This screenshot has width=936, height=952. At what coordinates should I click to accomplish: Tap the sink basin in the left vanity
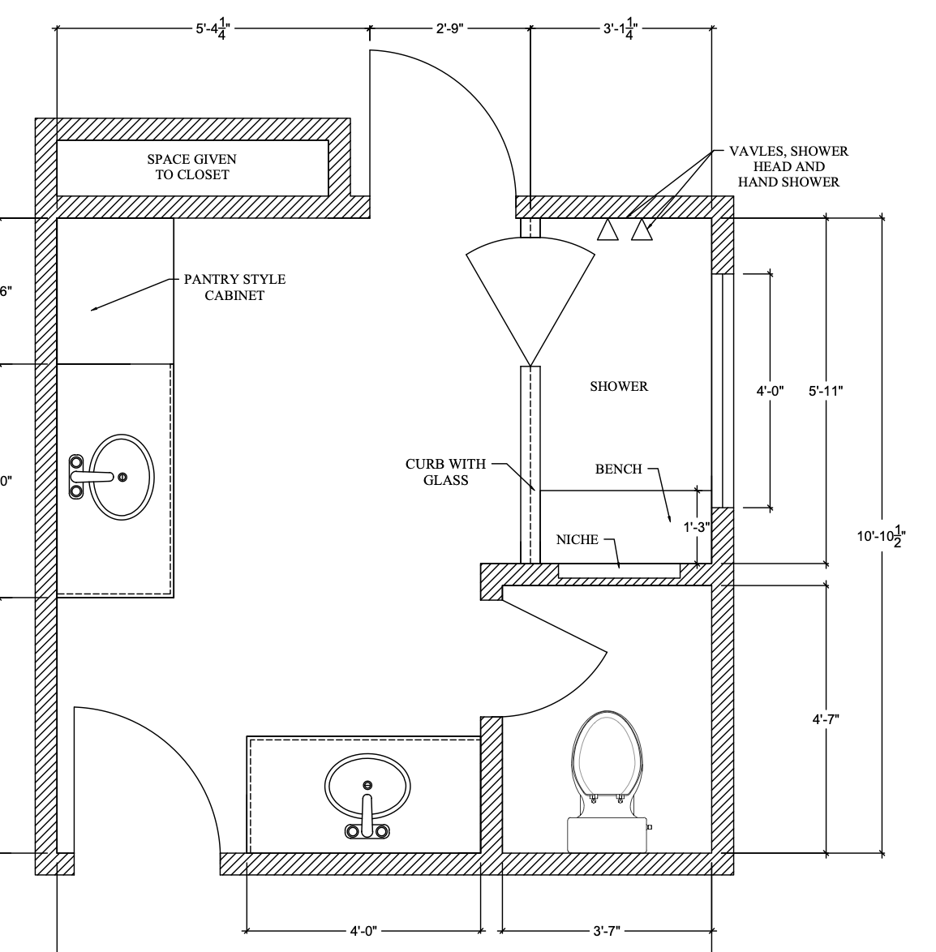coord(122,477)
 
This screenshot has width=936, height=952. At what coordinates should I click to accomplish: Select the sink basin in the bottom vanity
coord(367,787)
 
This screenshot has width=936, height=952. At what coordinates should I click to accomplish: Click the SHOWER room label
coord(619,386)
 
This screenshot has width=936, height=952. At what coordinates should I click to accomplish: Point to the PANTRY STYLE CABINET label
coord(234,287)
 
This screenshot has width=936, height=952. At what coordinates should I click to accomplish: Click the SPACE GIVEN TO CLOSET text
coord(192,167)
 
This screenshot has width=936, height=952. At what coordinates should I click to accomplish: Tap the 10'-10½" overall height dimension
coord(882,536)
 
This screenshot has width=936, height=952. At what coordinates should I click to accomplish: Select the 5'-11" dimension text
coord(826,391)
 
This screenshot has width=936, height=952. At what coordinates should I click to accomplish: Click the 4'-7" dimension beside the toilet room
coord(826,719)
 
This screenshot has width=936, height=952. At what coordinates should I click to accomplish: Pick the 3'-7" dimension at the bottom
coord(606,930)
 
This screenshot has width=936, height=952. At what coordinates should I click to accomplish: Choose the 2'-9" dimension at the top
coord(449,28)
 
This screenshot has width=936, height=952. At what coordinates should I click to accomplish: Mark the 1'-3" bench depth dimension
coord(696,527)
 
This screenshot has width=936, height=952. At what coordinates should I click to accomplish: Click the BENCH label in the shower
coord(618,470)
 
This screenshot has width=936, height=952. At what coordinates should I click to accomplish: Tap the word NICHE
coord(577,540)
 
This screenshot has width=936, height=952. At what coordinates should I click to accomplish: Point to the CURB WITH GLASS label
coord(446,472)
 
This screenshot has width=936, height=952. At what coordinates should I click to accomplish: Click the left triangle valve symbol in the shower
coord(608,230)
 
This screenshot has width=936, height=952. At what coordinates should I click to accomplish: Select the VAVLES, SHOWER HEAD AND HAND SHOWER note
coord(788,166)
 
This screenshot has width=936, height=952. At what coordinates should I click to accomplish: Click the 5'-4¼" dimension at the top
coord(213,28)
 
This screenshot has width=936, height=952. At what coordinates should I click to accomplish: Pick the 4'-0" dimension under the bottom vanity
coord(363,930)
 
